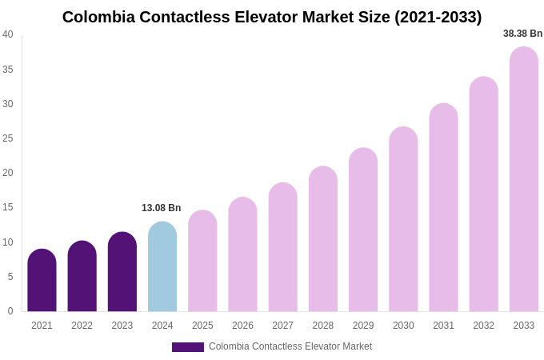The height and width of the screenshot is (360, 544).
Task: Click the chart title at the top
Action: (x=272, y=17)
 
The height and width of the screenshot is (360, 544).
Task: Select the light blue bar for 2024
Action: (x=162, y=268)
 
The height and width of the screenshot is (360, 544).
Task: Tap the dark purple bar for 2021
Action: (x=42, y=281)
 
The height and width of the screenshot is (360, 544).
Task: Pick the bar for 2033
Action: (x=524, y=180)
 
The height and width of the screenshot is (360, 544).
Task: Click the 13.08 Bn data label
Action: (x=162, y=208)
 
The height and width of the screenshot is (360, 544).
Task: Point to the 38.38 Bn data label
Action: (x=522, y=34)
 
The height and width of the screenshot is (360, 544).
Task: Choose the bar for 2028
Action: (x=323, y=240)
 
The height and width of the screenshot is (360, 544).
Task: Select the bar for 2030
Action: (x=403, y=220)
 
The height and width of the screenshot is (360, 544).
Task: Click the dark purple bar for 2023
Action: (x=122, y=273)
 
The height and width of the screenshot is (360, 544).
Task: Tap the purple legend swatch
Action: (x=188, y=347)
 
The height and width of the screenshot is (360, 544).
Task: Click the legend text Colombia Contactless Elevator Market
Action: (x=290, y=346)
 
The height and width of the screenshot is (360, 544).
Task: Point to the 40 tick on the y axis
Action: (x=8, y=34)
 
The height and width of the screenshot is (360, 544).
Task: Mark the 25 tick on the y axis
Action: (x=8, y=138)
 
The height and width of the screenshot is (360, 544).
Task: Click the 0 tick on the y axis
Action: (x=10, y=311)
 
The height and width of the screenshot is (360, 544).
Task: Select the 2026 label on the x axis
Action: (x=242, y=326)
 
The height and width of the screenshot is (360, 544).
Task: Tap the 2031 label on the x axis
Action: (x=443, y=326)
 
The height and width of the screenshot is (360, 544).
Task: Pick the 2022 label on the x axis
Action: (x=82, y=326)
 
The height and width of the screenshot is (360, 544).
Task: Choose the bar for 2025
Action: (x=202, y=262)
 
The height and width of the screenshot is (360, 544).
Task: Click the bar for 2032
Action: (x=483, y=195)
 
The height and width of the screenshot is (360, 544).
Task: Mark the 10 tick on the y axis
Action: (x=8, y=242)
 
